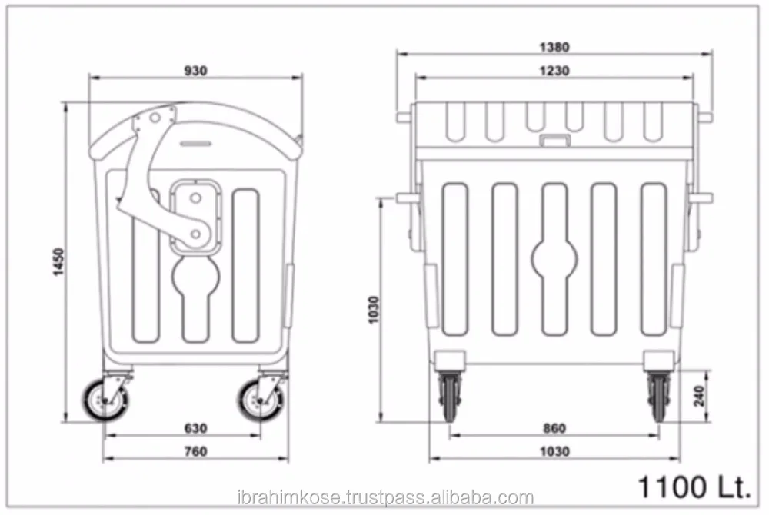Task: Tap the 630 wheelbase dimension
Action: click(196, 428)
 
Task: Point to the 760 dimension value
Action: click(196, 452)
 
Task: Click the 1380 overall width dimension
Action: click(554, 47)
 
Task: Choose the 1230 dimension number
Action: click(554, 71)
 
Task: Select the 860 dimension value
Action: click(554, 428)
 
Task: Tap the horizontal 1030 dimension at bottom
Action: click(554, 452)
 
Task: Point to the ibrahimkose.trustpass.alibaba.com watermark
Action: click(384, 497)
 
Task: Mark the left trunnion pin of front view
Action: click(403, 117)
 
